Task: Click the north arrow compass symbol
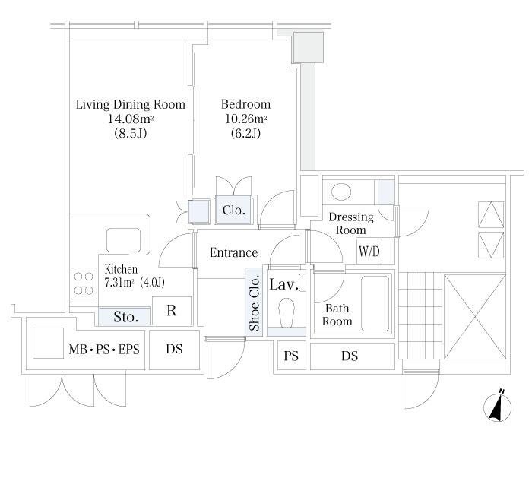point(497,407)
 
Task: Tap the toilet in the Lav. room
point(287,313)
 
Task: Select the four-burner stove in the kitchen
point(84,283)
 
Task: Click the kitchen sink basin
point(123,240)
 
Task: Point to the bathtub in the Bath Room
point(375,303)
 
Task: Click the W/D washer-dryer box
point(369,252)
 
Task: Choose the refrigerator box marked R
point(172,311)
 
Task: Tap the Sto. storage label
point(125,317)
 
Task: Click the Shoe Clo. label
point(255,303)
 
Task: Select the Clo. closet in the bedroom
point(234,210)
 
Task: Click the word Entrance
point(234,252)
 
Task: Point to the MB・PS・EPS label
point(104,349)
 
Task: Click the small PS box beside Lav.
point(291,356)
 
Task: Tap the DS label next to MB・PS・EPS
point(174,349)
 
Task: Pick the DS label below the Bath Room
point(350,356)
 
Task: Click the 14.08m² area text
point(131,119)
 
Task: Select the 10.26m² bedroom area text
point(246,119)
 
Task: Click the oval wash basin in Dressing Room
point(341,192)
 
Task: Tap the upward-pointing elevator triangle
point(491,214)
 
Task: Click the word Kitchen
point(121,269)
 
